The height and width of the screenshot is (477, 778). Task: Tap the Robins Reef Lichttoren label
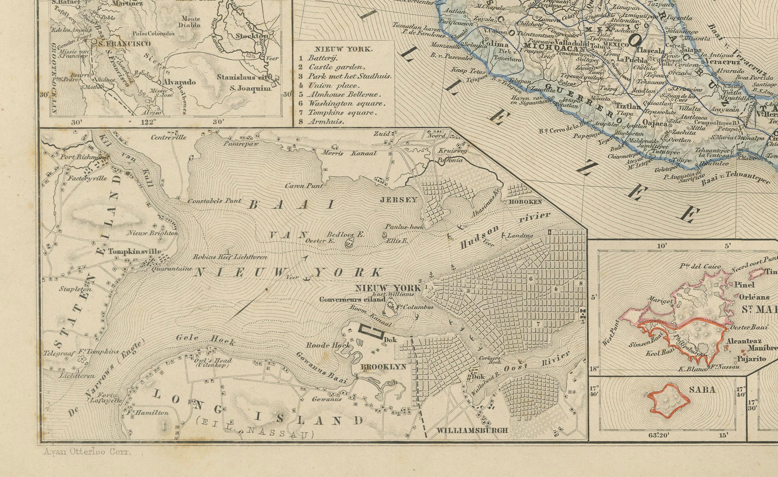coord(230,257)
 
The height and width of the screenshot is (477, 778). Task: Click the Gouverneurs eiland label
coord(352,299)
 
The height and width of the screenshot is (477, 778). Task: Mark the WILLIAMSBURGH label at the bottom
coord(472,430)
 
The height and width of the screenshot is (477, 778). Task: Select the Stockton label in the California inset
coord(252,36)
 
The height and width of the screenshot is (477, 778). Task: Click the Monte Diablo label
coord(191,22)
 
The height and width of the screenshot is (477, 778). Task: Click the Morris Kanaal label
coord(349,153)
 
